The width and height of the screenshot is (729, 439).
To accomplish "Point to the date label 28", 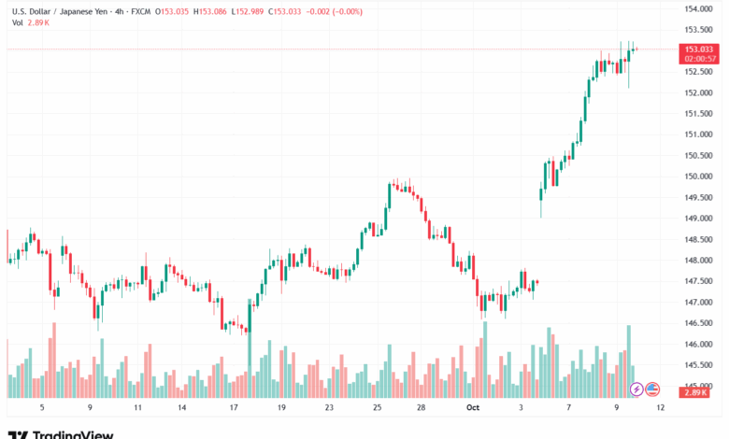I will (x=422, y=408).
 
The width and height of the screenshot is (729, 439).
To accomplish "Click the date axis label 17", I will (x=233, y=408).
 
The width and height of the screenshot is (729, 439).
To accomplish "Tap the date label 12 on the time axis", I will (x=661, y=408).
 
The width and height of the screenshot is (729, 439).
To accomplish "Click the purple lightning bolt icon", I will (x=636, y=389).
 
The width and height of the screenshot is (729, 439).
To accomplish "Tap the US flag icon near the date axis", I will (x=652, y=389).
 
